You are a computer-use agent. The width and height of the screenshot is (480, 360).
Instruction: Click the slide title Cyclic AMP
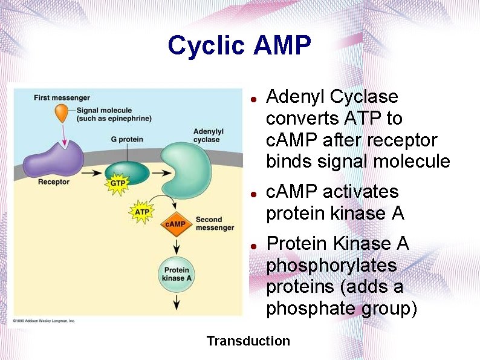point(239,45)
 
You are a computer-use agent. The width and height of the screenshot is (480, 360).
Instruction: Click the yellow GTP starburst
point(118,183)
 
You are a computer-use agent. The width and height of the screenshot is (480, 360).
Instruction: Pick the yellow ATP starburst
point(142,212)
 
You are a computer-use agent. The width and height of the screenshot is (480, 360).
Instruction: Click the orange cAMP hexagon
point(175,224)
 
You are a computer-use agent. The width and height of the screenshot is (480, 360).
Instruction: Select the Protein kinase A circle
point(177,274)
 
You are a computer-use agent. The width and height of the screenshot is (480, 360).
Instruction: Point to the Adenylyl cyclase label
point(208,135)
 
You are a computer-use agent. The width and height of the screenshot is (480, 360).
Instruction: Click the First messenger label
point(62,97)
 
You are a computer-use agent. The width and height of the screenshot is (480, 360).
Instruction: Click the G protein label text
point(127,139)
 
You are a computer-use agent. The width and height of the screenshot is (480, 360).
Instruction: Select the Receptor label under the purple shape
point(53,182)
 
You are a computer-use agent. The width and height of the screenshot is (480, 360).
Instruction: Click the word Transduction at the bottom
point(248,341)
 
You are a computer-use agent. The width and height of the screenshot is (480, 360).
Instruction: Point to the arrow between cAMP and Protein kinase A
point(176,246)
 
